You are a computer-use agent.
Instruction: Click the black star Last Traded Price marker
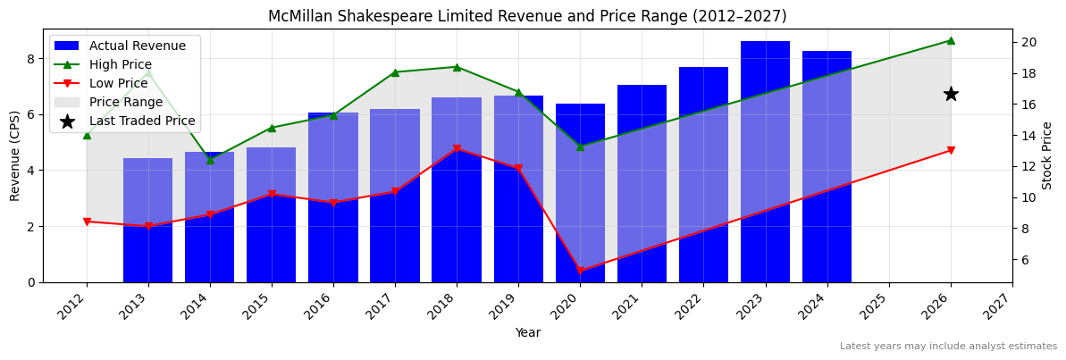click(951, 94)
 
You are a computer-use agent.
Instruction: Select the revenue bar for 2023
click(765, 161)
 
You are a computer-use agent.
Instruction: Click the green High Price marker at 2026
click(951, 40)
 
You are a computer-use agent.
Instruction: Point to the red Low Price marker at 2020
click(580, 271)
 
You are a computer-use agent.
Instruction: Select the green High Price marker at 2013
click(148, 72)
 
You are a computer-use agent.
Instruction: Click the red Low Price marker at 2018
click(457, 149)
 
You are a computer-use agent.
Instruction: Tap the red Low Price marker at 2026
click(951, 150)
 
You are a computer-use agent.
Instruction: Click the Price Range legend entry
click(125, 102)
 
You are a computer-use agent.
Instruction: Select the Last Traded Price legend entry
click(141, 121)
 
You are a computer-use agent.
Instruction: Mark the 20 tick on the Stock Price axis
click(1028, 42)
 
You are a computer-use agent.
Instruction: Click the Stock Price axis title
click(1047, 155)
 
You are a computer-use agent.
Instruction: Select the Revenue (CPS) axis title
click(15, 155)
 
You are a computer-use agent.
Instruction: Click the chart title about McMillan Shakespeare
click(527, 16)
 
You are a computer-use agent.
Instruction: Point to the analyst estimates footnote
click(948, 347)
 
